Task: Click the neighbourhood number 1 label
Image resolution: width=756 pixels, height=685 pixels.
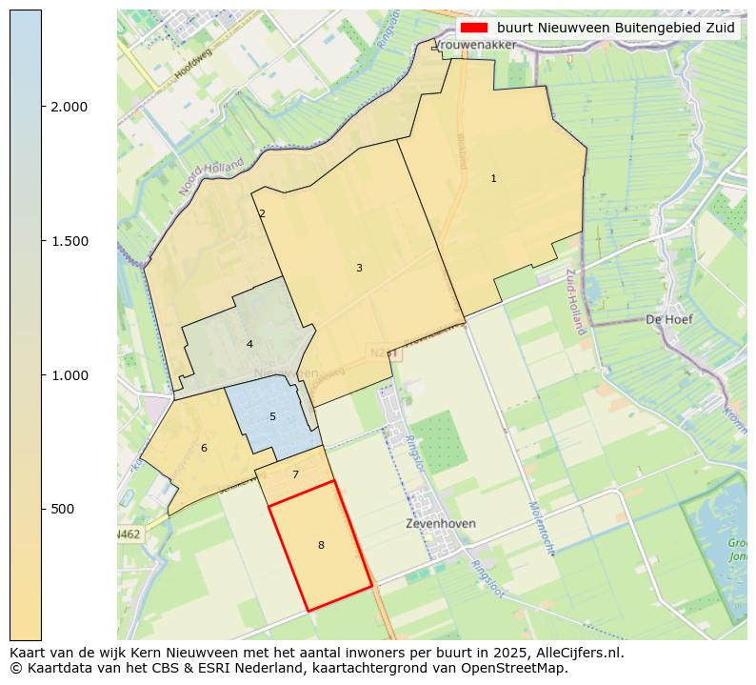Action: [x=493, y=179]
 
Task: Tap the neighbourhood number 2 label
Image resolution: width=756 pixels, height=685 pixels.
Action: [x=263, y=214]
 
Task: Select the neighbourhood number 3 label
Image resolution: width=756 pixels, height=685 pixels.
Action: [x=359, y=269]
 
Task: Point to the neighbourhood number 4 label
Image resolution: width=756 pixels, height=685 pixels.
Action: [x=249, y=345]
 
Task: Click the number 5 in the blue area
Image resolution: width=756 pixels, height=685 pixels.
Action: [x=272, y=417]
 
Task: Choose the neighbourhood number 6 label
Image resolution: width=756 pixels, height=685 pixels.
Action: [x=204, y=449]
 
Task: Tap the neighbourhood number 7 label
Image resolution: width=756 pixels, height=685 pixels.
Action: [x=295, y=475]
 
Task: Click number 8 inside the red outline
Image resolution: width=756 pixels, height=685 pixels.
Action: [x=321, y=546]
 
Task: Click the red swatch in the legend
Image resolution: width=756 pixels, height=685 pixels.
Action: [x=473, y=28]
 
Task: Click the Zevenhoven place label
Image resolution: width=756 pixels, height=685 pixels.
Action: [x=440, y=524]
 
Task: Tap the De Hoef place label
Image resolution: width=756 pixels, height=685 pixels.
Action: [x=668, y=319]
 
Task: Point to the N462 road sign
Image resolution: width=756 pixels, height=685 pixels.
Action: [x=128, y=534]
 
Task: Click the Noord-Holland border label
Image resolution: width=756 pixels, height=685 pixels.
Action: [x=210, y=176]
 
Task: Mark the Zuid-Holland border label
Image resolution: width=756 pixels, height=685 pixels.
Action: [x=574, y=301]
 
